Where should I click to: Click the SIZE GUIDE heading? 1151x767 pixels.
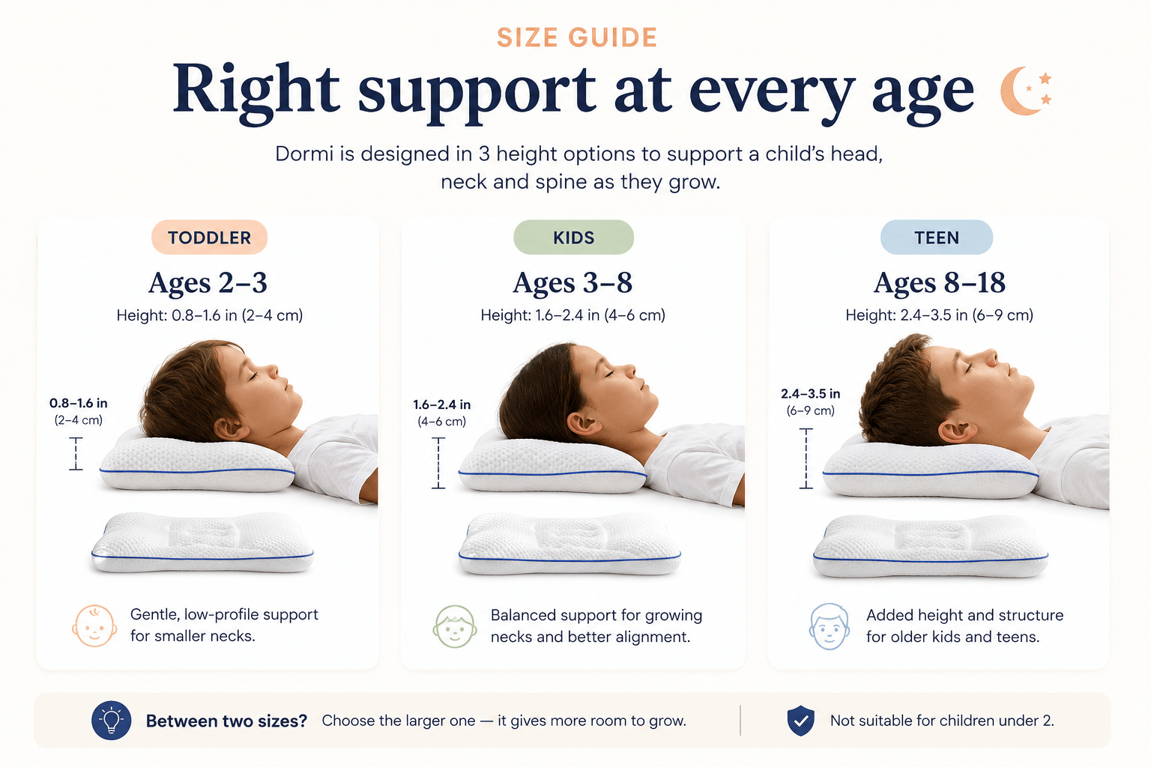point(576,37)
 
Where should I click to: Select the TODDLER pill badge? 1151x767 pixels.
point(209,237)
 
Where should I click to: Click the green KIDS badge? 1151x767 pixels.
point(573,237)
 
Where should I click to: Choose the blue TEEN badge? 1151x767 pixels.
point(936,237)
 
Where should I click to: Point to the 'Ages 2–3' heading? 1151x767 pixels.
point(208,282)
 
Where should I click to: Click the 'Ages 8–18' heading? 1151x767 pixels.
point(939,282)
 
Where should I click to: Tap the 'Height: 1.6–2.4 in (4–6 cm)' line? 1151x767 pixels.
point(573,315)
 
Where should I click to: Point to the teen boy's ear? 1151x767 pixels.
point(957,431)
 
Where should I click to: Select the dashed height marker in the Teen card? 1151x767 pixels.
point(806,458)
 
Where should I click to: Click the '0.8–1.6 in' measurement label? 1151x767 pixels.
point(78,403)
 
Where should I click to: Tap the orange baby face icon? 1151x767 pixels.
point(94,625)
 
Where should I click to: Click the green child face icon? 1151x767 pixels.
point(455,626)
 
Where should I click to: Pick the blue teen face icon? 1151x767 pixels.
point(829,626)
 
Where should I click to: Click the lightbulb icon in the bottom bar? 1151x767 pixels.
point(111,721)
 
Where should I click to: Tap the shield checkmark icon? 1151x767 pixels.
point(800,721)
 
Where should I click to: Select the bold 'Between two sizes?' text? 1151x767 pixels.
point(226,721)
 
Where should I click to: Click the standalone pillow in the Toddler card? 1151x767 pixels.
point(202,542)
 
